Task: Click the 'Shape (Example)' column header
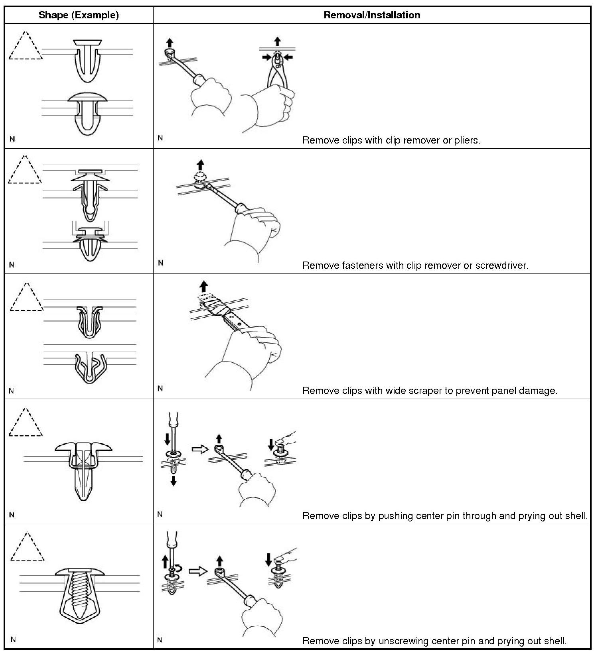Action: (79, 15)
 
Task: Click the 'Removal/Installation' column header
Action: (372, 15)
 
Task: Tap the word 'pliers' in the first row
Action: (467, 140)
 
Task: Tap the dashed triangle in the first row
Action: (25, 45)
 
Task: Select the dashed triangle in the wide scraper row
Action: (27, 297)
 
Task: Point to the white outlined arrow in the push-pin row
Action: (200, 449)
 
